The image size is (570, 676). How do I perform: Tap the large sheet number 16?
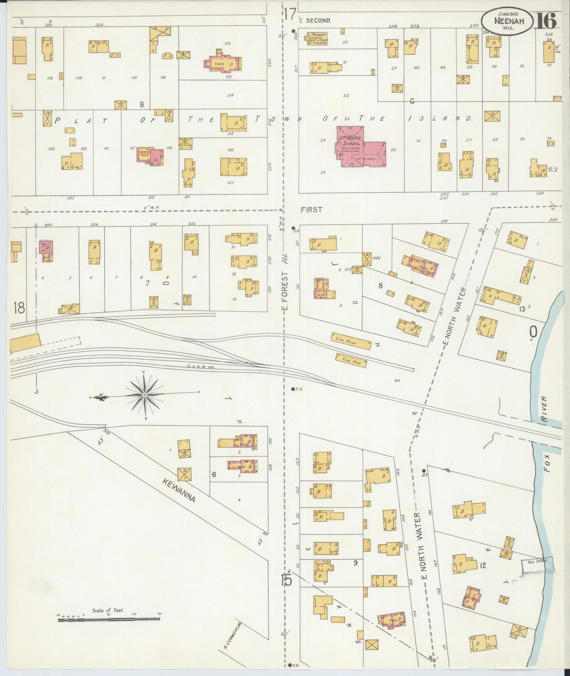point(546,21)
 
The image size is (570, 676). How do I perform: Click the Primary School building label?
point(317,37)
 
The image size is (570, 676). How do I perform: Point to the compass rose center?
point(145,394)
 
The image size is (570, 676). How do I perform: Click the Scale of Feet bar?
point(109,620)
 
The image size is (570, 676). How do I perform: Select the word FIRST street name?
point(312,210)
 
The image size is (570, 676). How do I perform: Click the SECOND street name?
point(318,21)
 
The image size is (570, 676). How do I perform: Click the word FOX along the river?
point(547,464)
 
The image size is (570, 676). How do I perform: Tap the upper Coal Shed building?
point(351,341)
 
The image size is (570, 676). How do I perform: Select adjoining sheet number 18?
point(19,308)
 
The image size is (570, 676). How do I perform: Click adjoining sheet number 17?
point(288,15)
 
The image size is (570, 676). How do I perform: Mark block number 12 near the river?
point(483,565)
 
